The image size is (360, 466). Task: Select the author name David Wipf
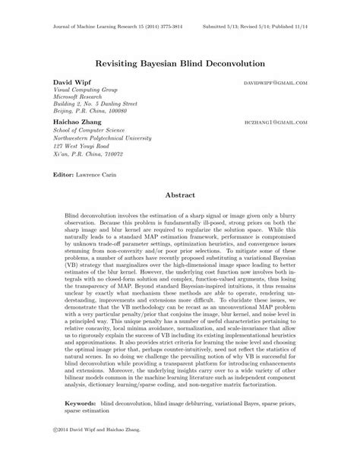pos(68,80)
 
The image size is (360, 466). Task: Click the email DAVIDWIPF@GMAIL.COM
pos(276,81)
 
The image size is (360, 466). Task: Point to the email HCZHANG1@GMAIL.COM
pos(276,122)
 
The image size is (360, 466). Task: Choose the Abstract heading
pos(180,195)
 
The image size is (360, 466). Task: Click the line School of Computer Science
pos(89,130)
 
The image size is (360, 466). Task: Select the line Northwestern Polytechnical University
pos(104,138)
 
